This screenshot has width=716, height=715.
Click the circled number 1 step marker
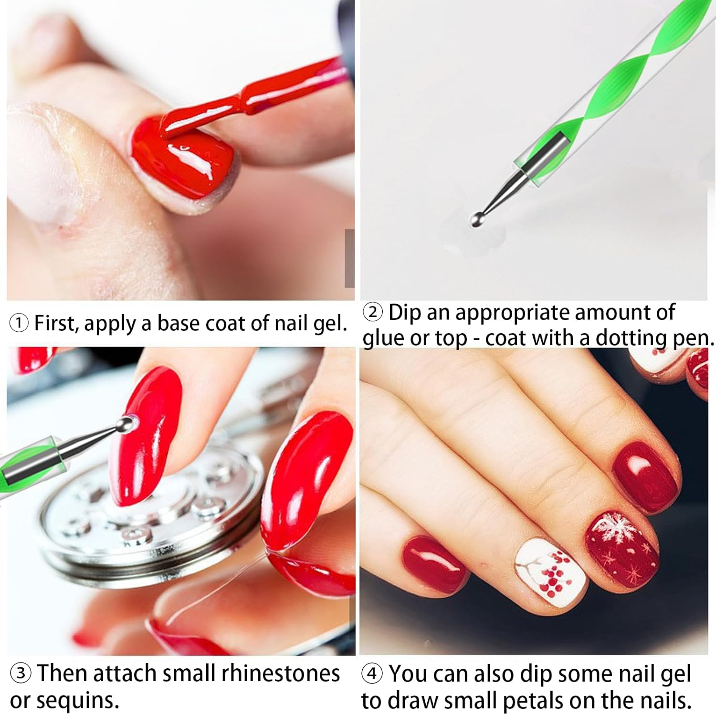tap(19, 324)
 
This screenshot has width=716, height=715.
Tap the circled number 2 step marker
tap(373, 313)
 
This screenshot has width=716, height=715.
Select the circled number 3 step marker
tap(21, 673)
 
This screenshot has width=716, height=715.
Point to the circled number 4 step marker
tap(372, 674)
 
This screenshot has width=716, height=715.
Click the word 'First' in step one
tap(57, 323)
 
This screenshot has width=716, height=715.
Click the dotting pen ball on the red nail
tap(126, 423)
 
